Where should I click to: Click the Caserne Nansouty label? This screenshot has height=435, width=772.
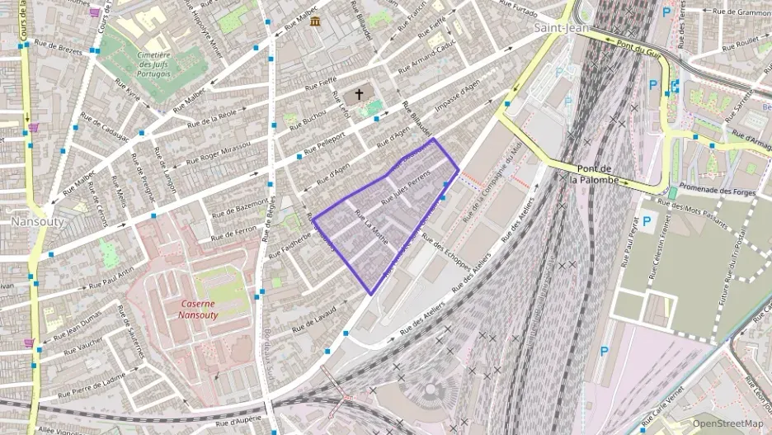(202, 309)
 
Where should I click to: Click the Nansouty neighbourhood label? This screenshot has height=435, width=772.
(32, 222)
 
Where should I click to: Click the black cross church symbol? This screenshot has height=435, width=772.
(359, 96)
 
